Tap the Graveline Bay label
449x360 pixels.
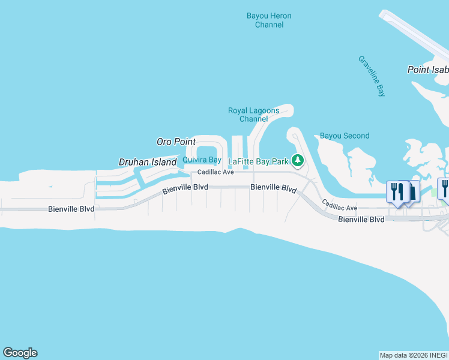coord(372,76)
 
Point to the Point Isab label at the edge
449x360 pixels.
coord(428,70)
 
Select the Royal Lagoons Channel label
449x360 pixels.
coord(253,115)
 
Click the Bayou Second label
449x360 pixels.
coord(345,136)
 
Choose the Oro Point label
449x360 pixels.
coord(176,142)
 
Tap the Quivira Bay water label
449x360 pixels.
coord(202,160)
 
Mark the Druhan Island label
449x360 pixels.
coord(148,162)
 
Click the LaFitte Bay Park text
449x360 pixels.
coord(259,161)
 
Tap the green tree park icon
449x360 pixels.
coord(297,160)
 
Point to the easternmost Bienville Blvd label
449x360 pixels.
coord(361,220)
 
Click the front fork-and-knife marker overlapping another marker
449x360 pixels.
coord(397,192)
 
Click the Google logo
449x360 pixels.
coord(20,353)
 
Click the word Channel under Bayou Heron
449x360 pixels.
coord(269,25)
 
